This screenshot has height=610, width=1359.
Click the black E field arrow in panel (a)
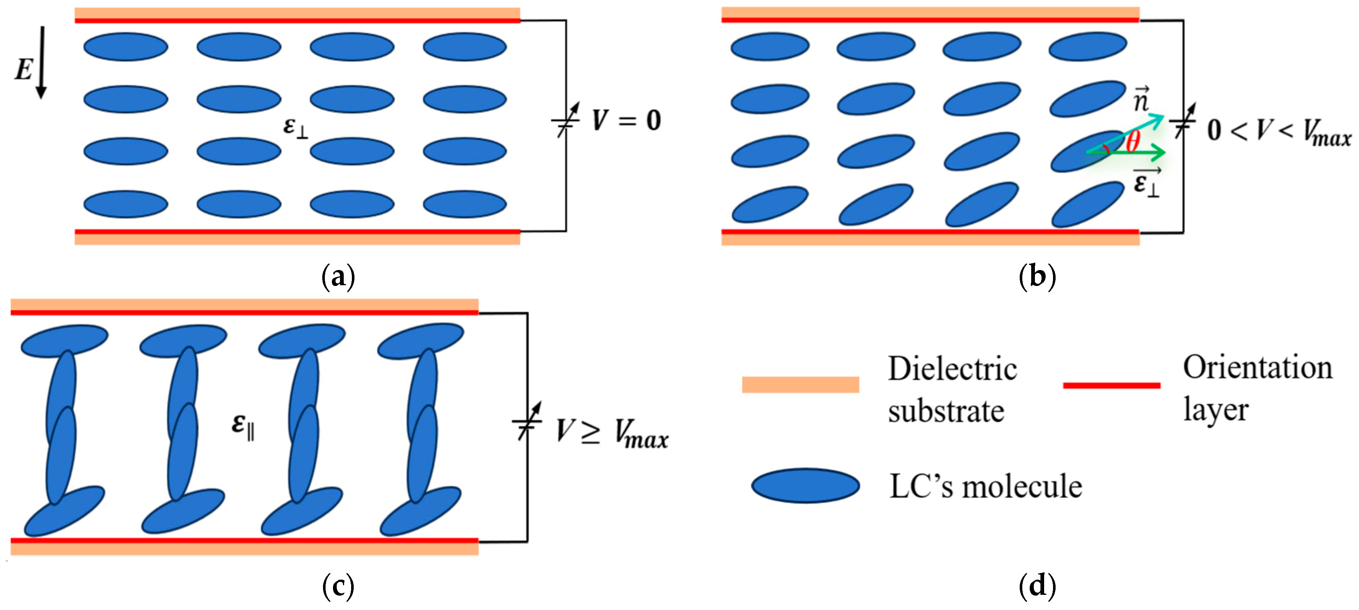tap(41, 62)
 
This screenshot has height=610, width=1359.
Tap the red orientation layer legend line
tap(1111, 385)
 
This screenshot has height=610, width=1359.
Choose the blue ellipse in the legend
tap(805, 485)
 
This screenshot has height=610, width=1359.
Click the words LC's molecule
tap(985, 486)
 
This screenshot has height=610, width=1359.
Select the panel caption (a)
tap(338, 276)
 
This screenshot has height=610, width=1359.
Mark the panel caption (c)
tap(338, 586)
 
